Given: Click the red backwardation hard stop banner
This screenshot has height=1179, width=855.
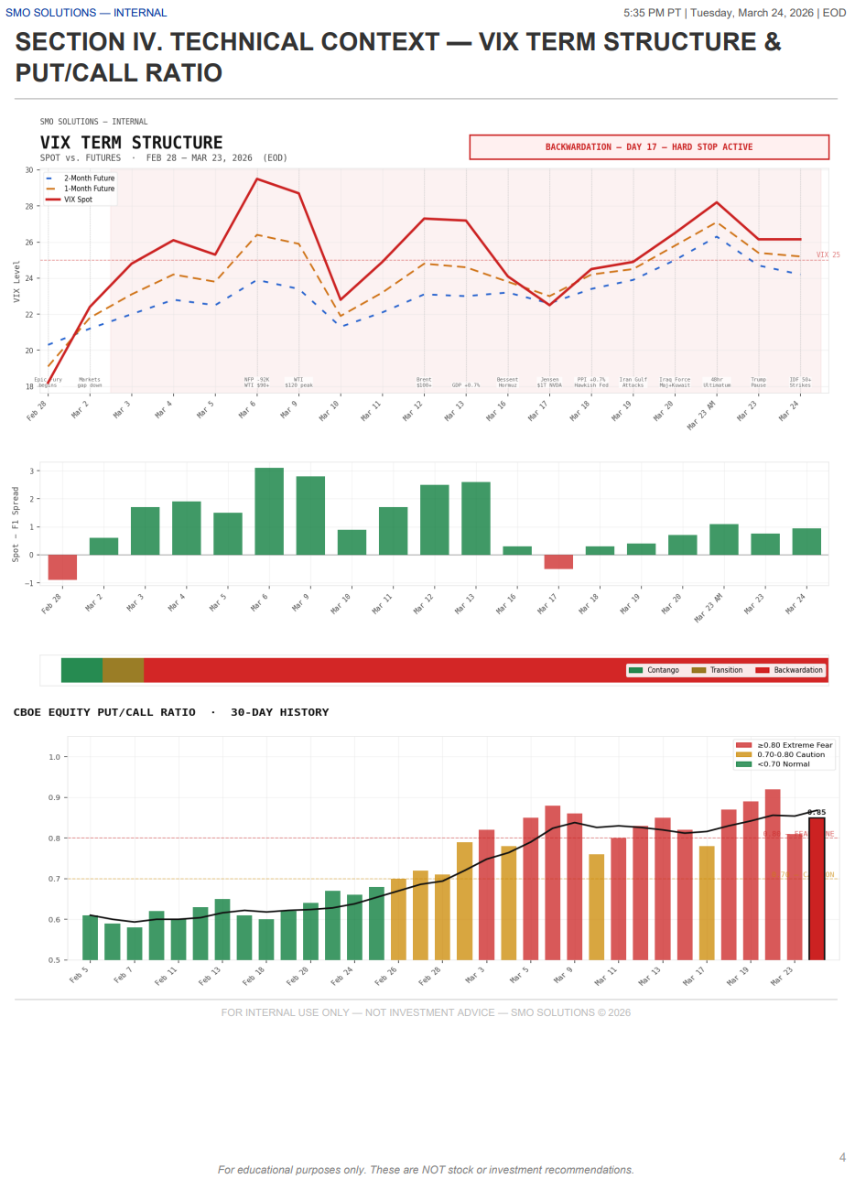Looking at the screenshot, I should [649, 147].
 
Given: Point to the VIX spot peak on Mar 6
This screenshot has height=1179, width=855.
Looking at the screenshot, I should [257, 179].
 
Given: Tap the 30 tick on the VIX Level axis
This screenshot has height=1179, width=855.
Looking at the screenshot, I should [27, 170].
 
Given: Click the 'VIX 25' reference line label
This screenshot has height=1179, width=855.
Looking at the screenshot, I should [828, 255].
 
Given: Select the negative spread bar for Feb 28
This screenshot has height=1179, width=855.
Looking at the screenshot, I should [62, 567].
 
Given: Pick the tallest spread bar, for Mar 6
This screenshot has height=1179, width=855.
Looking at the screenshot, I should [269, 511].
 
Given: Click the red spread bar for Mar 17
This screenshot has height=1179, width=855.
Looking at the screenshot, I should [558, 561].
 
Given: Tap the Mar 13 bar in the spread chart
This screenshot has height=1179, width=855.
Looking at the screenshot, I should [476, 518].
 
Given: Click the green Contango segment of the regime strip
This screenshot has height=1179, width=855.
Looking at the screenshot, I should [81, 670].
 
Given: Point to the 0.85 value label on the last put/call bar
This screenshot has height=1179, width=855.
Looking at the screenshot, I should [817, 812].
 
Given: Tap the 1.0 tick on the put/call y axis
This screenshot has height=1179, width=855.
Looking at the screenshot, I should [54, 757].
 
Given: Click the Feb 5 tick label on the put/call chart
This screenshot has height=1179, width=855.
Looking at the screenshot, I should [80, 975].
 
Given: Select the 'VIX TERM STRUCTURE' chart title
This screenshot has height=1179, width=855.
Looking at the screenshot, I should [131, 143].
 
